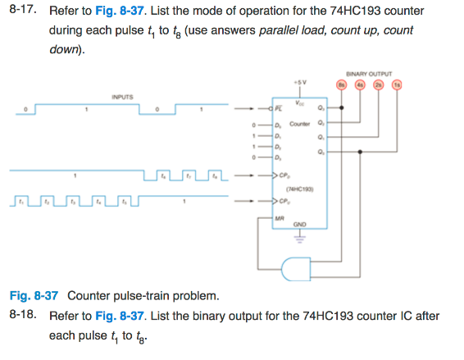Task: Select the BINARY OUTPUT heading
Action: [x=369, y=71]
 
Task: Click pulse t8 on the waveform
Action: [x=215, y=174]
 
